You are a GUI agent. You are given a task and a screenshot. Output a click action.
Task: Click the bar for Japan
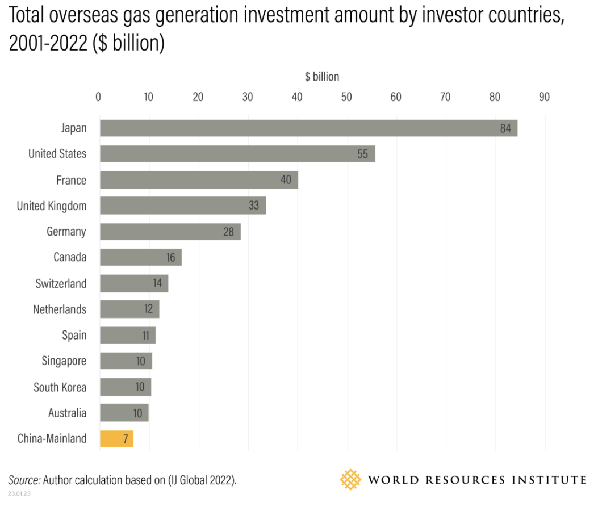[308, 128]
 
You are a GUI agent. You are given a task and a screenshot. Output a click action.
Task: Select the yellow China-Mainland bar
[116, 439]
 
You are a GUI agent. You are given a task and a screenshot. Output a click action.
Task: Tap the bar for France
[199, 180]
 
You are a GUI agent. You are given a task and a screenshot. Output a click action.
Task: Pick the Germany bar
[170, 232]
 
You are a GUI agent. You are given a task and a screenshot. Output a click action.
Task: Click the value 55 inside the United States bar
[362, 154]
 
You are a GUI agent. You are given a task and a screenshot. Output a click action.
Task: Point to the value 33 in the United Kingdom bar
[253, 206]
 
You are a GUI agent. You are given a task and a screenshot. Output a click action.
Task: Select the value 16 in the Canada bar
[170, 258]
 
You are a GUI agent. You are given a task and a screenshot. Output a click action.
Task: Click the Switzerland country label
[61, 283]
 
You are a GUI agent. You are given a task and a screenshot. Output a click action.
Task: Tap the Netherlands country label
[60, 309]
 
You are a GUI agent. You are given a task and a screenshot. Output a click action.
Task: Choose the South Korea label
[60, 387]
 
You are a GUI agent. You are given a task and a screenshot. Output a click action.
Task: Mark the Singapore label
[64, 361]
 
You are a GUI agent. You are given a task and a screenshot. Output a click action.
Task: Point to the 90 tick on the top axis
[544, 97]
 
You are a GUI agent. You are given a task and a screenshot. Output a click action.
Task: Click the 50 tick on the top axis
[346, 97]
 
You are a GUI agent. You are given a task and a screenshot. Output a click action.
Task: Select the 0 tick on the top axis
[98, 97]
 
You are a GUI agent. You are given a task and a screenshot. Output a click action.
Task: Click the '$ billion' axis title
[322, 77]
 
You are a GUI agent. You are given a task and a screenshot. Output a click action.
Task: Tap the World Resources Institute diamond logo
[350, 480]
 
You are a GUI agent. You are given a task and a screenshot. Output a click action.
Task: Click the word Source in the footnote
[24, 480]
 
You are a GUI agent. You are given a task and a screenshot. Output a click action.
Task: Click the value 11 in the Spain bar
[145, 336]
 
